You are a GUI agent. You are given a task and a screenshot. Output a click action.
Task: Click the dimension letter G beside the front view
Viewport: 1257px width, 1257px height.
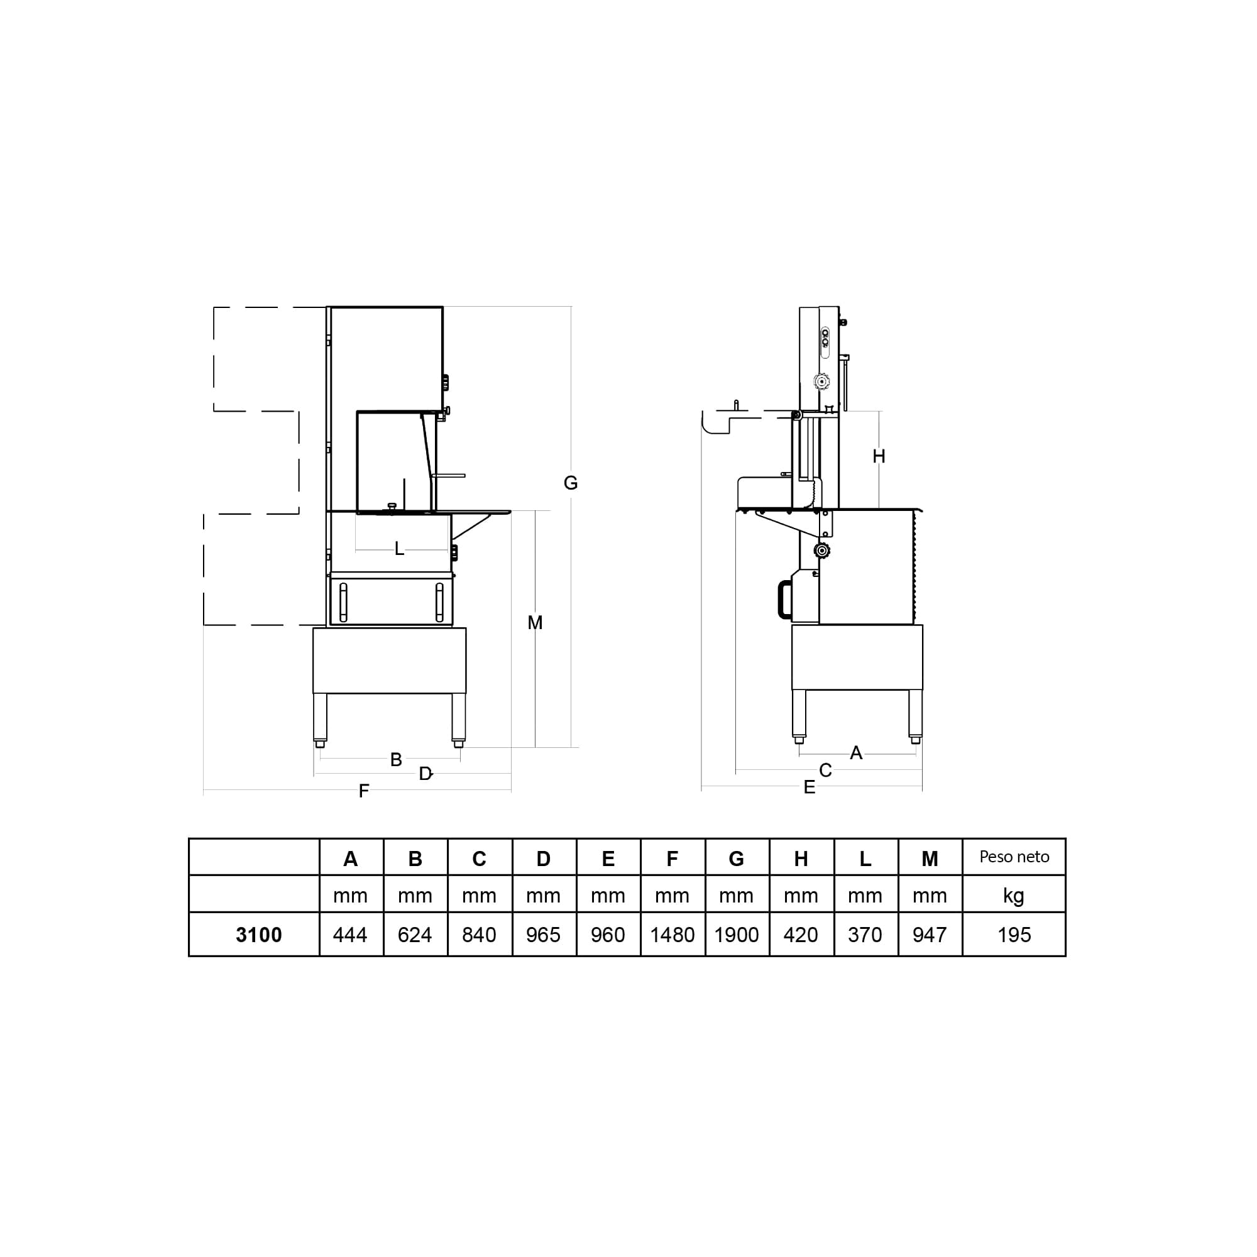point(571,483)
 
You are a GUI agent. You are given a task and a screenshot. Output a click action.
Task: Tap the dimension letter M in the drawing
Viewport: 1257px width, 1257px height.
point(535,623)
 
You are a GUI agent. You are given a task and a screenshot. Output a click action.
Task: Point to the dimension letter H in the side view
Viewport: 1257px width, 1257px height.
point(879,457)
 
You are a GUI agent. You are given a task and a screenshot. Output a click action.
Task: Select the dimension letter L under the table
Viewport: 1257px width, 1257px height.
point(400,549)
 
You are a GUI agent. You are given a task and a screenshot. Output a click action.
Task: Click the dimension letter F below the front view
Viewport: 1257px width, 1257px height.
point(364,791)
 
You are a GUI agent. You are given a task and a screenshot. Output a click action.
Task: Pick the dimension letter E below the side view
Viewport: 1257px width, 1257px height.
point(810,788)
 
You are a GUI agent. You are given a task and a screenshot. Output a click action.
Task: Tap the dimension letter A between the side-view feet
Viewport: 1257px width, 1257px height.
point(856,753)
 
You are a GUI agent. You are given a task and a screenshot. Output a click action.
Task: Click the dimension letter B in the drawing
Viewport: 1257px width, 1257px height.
point(396,759)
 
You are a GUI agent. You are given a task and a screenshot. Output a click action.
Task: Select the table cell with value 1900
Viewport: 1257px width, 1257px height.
point(737,935)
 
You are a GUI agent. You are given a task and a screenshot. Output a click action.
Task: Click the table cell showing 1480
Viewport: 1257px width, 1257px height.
point(672,935)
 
